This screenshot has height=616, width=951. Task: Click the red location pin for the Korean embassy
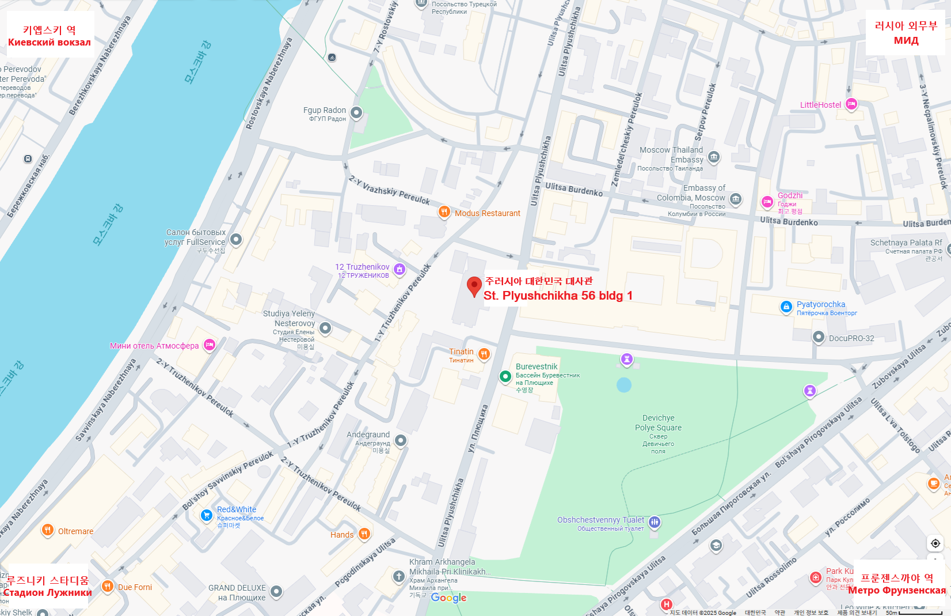click(474, 285)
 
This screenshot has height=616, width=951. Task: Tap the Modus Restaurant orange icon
click(444, 211)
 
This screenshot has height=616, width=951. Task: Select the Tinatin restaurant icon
click(484, 354)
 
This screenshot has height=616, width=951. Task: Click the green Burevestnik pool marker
click(505, 376)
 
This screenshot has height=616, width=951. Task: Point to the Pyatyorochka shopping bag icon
click(786, 307)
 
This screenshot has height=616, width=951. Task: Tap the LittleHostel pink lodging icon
click(851, 104)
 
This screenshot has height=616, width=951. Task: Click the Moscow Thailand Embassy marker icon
click(714, 157)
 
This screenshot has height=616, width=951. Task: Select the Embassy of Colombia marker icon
click(736, 199)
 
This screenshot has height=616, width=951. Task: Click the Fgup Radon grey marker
click(357, 112)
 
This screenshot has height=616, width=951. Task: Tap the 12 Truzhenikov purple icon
click(400, 269)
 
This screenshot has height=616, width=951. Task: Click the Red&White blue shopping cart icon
click(206, 515)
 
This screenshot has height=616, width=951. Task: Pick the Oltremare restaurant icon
click(48, 530)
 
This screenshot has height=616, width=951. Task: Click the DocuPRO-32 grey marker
click(819, 337)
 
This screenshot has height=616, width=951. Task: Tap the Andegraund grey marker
click(401, 440)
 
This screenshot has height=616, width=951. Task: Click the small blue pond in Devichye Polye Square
click(624, 385)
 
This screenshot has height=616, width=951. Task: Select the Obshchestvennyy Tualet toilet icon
click(655, 522)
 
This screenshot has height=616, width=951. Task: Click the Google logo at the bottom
click(448, 598)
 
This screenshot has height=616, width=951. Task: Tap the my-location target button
click(935, 543)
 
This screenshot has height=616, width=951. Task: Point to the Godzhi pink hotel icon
click(767, 202)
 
